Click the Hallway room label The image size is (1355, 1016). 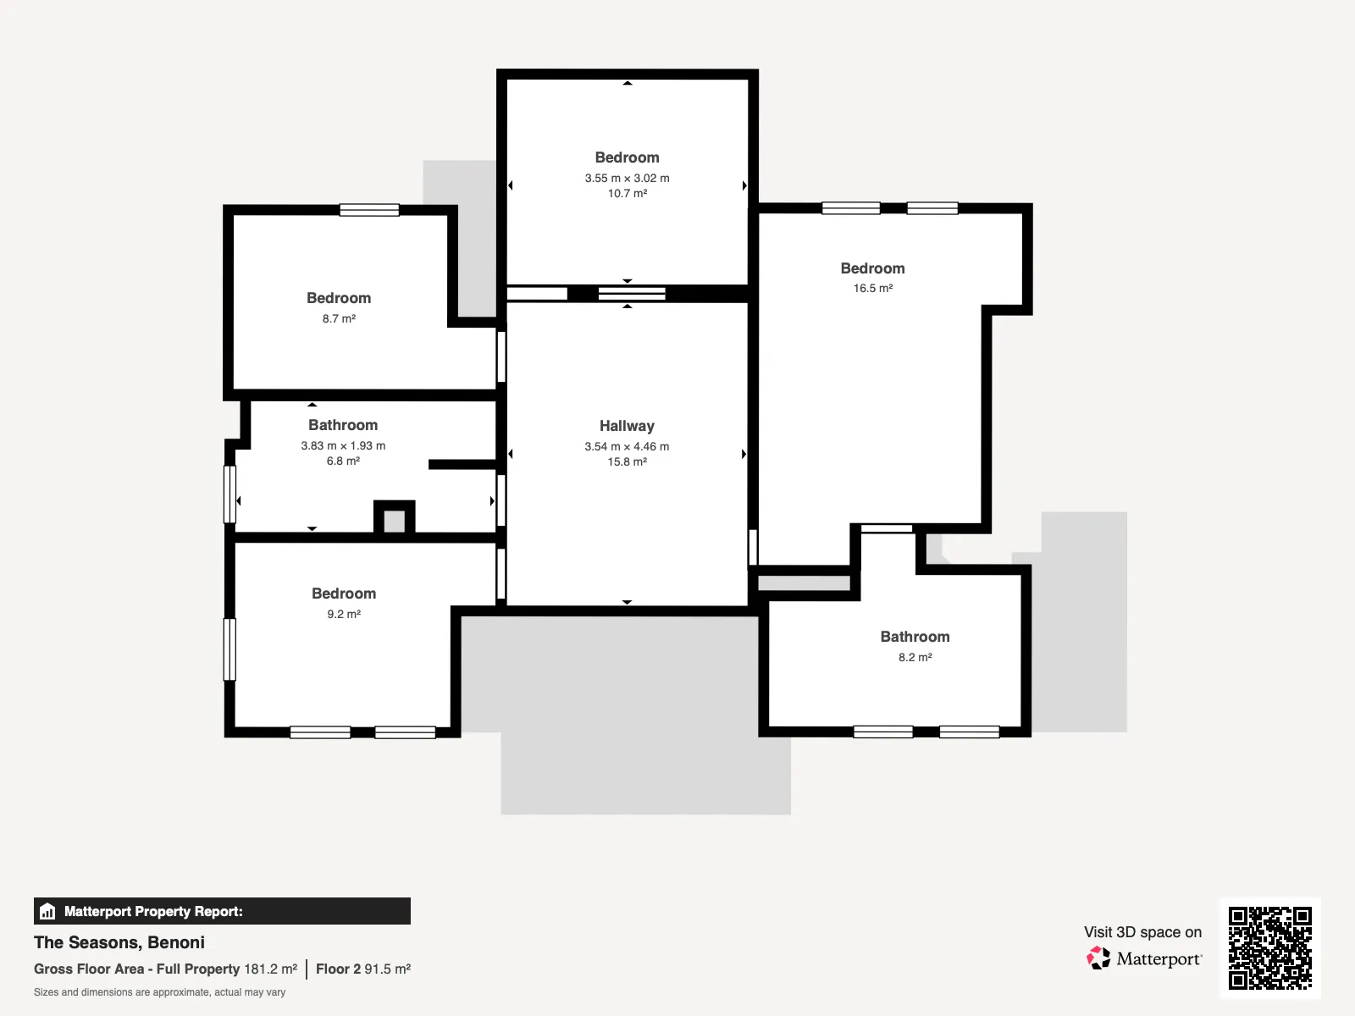coord(627,426)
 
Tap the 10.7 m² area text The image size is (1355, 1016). coord(628,193)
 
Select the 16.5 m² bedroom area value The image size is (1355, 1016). coord(873,288)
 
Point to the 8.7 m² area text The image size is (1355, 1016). coord(339,318)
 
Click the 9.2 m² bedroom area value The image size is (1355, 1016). coord(344,614)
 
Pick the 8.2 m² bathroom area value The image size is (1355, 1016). coord(915,657)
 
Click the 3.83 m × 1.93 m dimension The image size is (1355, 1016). coord(343,445)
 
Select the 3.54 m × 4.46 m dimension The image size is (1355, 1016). coord(627,446)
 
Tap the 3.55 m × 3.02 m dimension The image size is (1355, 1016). coord(628,178)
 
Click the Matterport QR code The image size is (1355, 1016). coord(1269,947)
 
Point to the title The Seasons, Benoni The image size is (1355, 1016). coord(119,942)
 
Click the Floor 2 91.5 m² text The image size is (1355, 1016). coord(363,969)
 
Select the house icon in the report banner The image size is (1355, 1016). coord(47,911)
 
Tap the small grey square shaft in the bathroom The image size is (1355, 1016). coord(395,522)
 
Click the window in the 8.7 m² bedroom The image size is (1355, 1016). coord(369,210)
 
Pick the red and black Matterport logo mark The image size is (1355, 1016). coord(1098,958)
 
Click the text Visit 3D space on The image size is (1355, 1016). coord(1142,931)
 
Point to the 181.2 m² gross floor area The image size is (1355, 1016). coord(270,969)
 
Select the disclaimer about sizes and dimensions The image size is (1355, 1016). coord(159,992)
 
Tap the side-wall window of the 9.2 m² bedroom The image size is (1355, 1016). coord(230,649)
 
